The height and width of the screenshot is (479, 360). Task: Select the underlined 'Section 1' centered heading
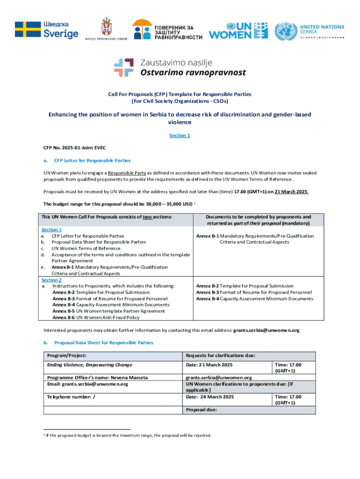pos(180,136)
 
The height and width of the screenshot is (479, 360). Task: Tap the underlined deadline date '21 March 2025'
pos(291,192)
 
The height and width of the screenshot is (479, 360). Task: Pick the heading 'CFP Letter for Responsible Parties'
pos(93,160)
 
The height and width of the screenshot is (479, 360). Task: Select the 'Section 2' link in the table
pos(51,280)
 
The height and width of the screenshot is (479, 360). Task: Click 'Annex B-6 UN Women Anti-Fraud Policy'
pos(95,317)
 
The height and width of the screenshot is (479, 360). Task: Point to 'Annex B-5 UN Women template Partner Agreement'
pos(108,311)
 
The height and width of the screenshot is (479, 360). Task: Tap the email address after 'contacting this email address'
pos(266,330)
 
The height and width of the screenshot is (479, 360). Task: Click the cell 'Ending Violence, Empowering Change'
pos(89,364)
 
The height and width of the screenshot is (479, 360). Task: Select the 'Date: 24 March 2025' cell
pos(209,397)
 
